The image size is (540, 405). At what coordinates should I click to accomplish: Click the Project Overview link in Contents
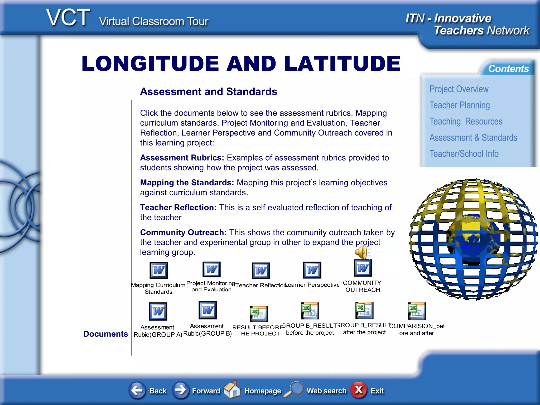pyautogui.click(x=459, y=89)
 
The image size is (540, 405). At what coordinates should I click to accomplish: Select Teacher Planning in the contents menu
pyautogui.click(x=460, y=105)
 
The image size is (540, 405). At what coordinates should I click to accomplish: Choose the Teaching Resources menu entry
pyautogui.click(x=466, y=122)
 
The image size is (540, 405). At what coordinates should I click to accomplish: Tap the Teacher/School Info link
pyautogui.click(x=464, y=154)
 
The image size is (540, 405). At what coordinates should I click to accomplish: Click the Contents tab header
pyautogui.click(x=508, y=69)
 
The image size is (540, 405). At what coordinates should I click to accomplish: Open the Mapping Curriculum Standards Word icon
pyautogui.click(x=158, y=271)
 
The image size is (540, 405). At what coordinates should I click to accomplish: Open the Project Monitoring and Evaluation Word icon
pyautogui.click(x=211, y=269)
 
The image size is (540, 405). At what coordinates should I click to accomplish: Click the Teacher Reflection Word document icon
pyautogui.click(x=261, y=271)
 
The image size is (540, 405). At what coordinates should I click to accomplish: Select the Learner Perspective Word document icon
pyautogui.click(x=312, y=270)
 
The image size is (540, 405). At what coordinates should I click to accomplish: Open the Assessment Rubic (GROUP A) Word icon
pyautogui.click(x=158, y=311)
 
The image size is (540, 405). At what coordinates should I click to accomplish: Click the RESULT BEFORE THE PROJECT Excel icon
pyautogui.click(x=258, y=314)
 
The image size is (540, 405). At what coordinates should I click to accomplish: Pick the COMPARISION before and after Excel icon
pyautogui.click(x=416, y=311)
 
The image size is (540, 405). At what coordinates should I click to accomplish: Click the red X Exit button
pyautogui.click(x=359, y=390)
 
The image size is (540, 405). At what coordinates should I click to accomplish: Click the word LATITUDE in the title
pyautogui.click(x=342, y=64)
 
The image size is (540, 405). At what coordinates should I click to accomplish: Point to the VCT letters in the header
pyautogui.click(x=68, y=18)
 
